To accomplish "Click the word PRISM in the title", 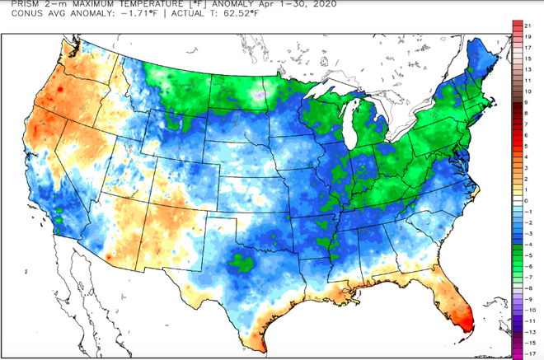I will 14,5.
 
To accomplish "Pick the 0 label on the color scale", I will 536,200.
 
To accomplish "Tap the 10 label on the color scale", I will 536,114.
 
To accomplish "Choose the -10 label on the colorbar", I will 535,288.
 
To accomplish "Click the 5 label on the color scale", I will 536,157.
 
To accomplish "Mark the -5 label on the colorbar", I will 536,244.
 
